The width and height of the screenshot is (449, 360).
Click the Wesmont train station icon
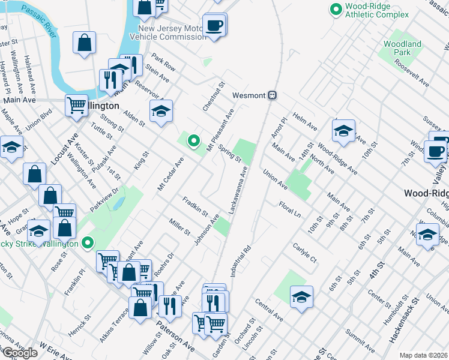pos(273,95)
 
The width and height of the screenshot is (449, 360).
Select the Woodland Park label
pos(402,48)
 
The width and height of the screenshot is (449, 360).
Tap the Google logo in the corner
pos(19,353)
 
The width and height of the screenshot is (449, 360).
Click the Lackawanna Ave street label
pos(238,190)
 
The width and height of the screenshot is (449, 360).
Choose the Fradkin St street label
pos(195,206)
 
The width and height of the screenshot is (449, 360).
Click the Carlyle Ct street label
pos(304,253)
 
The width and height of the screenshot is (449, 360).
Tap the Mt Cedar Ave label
pos(169,172)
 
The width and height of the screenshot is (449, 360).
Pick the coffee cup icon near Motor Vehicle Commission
pos(213,25)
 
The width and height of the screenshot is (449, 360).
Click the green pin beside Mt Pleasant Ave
pos(193,142)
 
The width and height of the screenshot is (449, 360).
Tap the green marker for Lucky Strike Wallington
pos(88,244)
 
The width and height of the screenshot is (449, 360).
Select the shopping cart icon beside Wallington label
pos(76,106)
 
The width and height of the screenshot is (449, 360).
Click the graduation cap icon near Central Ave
pos(301,296)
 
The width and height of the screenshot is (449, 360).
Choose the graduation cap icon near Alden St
pos(161,111)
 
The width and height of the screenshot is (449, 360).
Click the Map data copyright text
pos(424,355)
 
